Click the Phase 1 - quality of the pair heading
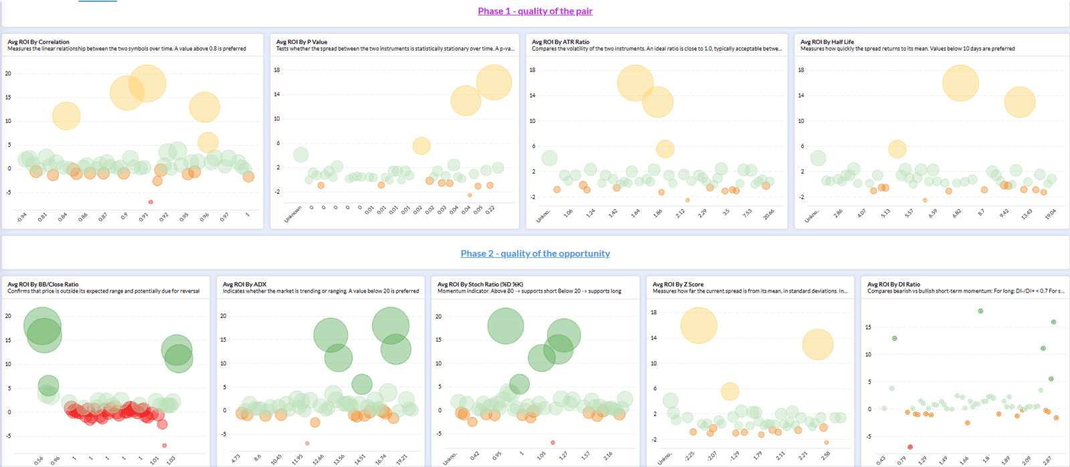pos(535,11)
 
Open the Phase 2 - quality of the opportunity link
pos(535,254)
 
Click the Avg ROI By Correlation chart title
pos(38,41)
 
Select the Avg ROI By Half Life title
pos(827,41)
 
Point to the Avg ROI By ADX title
pos(244,284)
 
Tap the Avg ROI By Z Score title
pos(677,284)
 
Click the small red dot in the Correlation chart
pos(150,202)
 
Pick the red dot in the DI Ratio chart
pos(910,447)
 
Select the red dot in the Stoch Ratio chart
pos(552,442)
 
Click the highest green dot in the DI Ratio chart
pos(980,311)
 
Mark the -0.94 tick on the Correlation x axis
pos(22,217)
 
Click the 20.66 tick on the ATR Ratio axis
pos(769,214)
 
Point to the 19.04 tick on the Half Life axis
pos(1051,214)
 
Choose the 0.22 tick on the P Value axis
pos(490,210)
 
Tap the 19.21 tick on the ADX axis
pos(402,460)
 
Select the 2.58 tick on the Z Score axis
pos(825,456)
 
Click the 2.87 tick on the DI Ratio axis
pos(1047,460)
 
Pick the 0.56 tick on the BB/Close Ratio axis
pos(39,460)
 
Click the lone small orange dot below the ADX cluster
pos(307,443)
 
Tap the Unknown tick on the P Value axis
pos(294,214)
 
